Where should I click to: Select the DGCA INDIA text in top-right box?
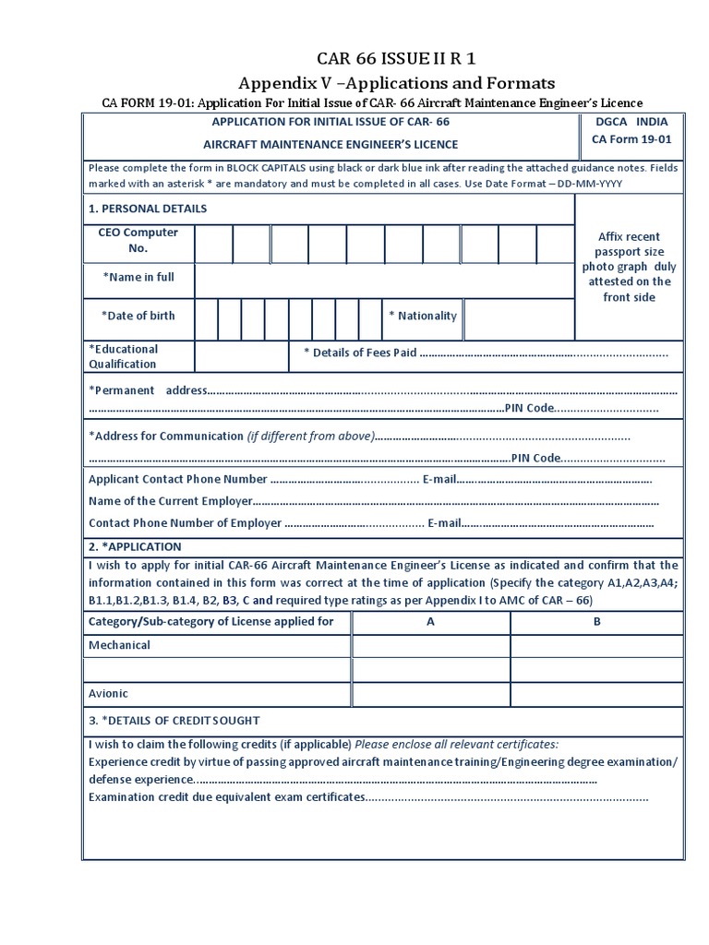631,122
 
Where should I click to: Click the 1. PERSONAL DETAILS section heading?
148,209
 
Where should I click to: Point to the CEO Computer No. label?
138,240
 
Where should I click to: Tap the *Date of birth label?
138,316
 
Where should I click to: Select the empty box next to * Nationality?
517,319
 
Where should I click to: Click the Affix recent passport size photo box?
630,268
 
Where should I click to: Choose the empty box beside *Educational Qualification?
242,356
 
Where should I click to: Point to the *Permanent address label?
148,390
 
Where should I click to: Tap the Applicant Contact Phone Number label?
177,480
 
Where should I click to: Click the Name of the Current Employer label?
170,501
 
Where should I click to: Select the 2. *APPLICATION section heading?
135,547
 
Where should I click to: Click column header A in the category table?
430,622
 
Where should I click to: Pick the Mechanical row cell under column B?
596,646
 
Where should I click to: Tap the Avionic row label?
108,694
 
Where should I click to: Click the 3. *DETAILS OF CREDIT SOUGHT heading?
174,721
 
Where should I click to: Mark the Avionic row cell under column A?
430,694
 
